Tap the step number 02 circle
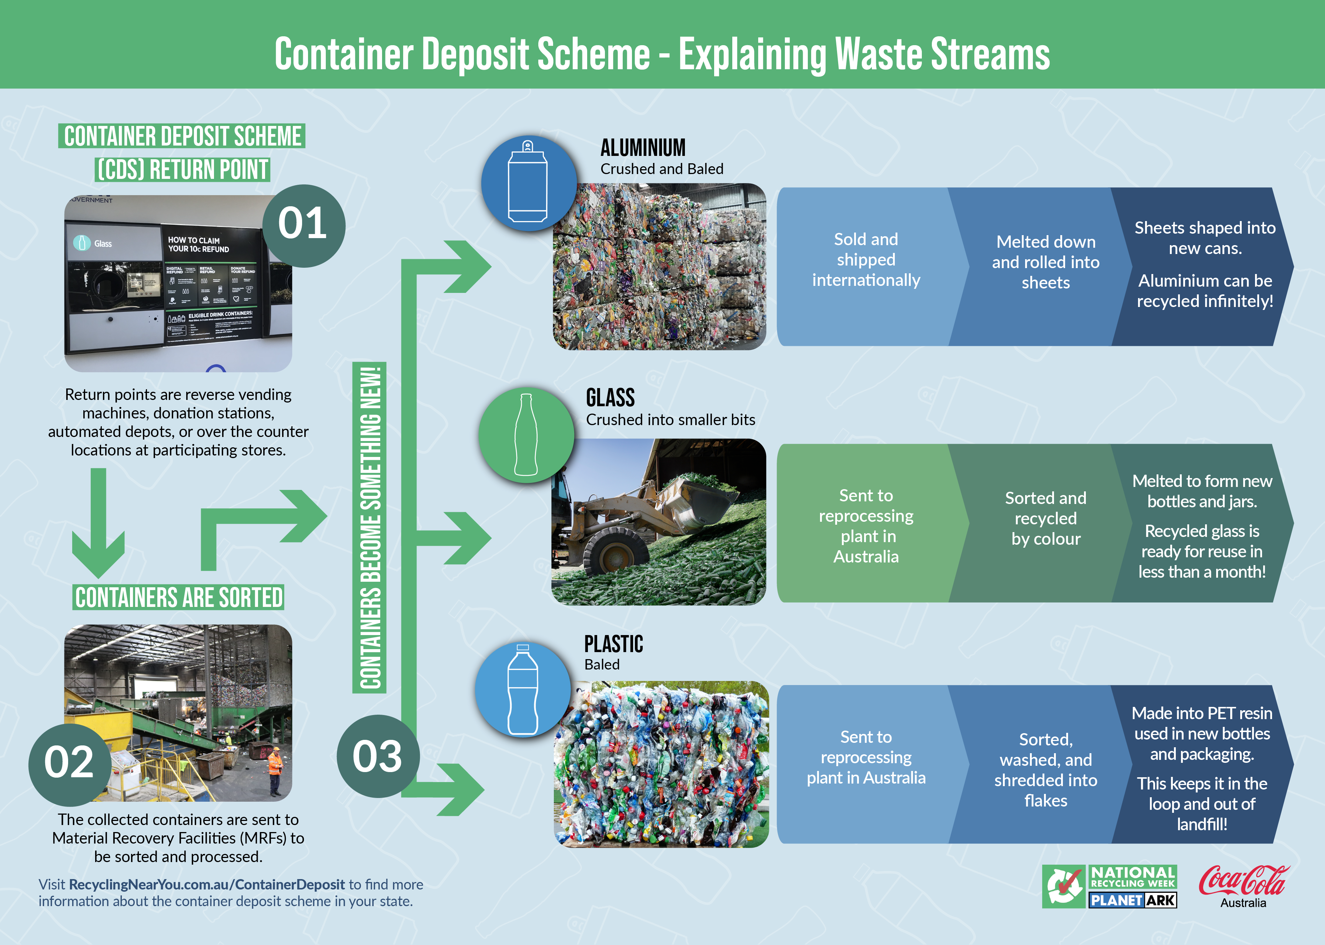(69, 764)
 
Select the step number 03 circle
(378, 756)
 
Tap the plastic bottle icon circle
(523, 689)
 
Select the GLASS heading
(610, 398)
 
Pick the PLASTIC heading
(613, 644)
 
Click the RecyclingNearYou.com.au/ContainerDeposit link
(207, 885)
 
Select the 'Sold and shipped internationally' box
(866, 260)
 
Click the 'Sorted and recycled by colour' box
(1045, 518)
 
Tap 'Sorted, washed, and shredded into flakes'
(1045, 770)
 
